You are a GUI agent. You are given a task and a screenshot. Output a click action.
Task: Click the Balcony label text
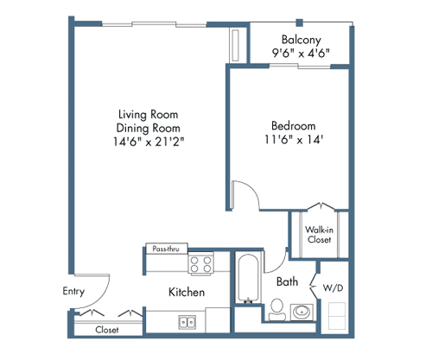point(302,39)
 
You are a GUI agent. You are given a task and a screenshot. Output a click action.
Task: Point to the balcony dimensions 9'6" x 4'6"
point(302,53)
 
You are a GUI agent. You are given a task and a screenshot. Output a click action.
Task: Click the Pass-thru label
point(164,248)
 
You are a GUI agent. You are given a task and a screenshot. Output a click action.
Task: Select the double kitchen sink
point(187,322)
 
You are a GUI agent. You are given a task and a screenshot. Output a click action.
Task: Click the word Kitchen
point(187,293)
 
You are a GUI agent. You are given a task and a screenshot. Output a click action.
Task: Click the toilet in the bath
point(277,308)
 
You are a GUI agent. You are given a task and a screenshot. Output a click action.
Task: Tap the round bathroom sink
point(303,312)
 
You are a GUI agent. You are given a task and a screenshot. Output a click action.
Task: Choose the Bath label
point(287,281)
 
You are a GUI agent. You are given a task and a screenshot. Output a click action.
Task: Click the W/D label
point(333,287)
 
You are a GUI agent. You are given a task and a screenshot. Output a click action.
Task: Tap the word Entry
point(73,291)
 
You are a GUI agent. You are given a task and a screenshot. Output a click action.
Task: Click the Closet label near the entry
point(107,329)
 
